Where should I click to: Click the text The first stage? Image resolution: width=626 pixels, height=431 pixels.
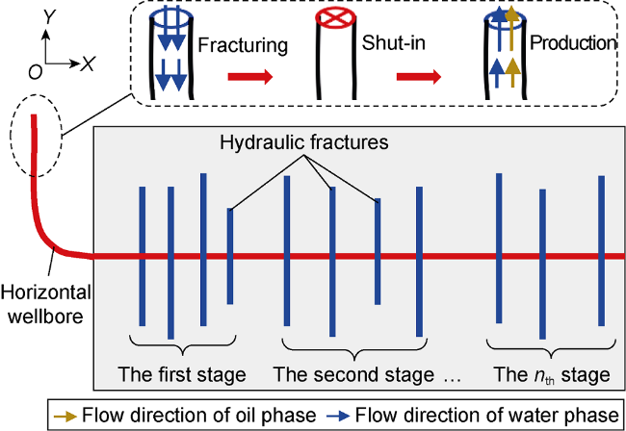(182, 373)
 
